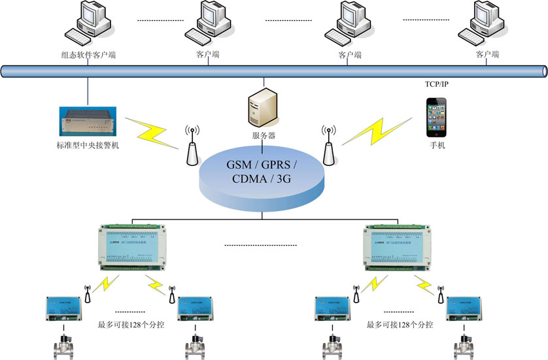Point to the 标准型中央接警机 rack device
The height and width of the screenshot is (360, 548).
coord(88,118)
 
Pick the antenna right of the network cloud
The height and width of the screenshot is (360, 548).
coord(328,144)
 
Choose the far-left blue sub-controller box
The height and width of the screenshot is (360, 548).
coord(63,308)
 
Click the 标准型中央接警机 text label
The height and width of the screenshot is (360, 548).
coord(88,144)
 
